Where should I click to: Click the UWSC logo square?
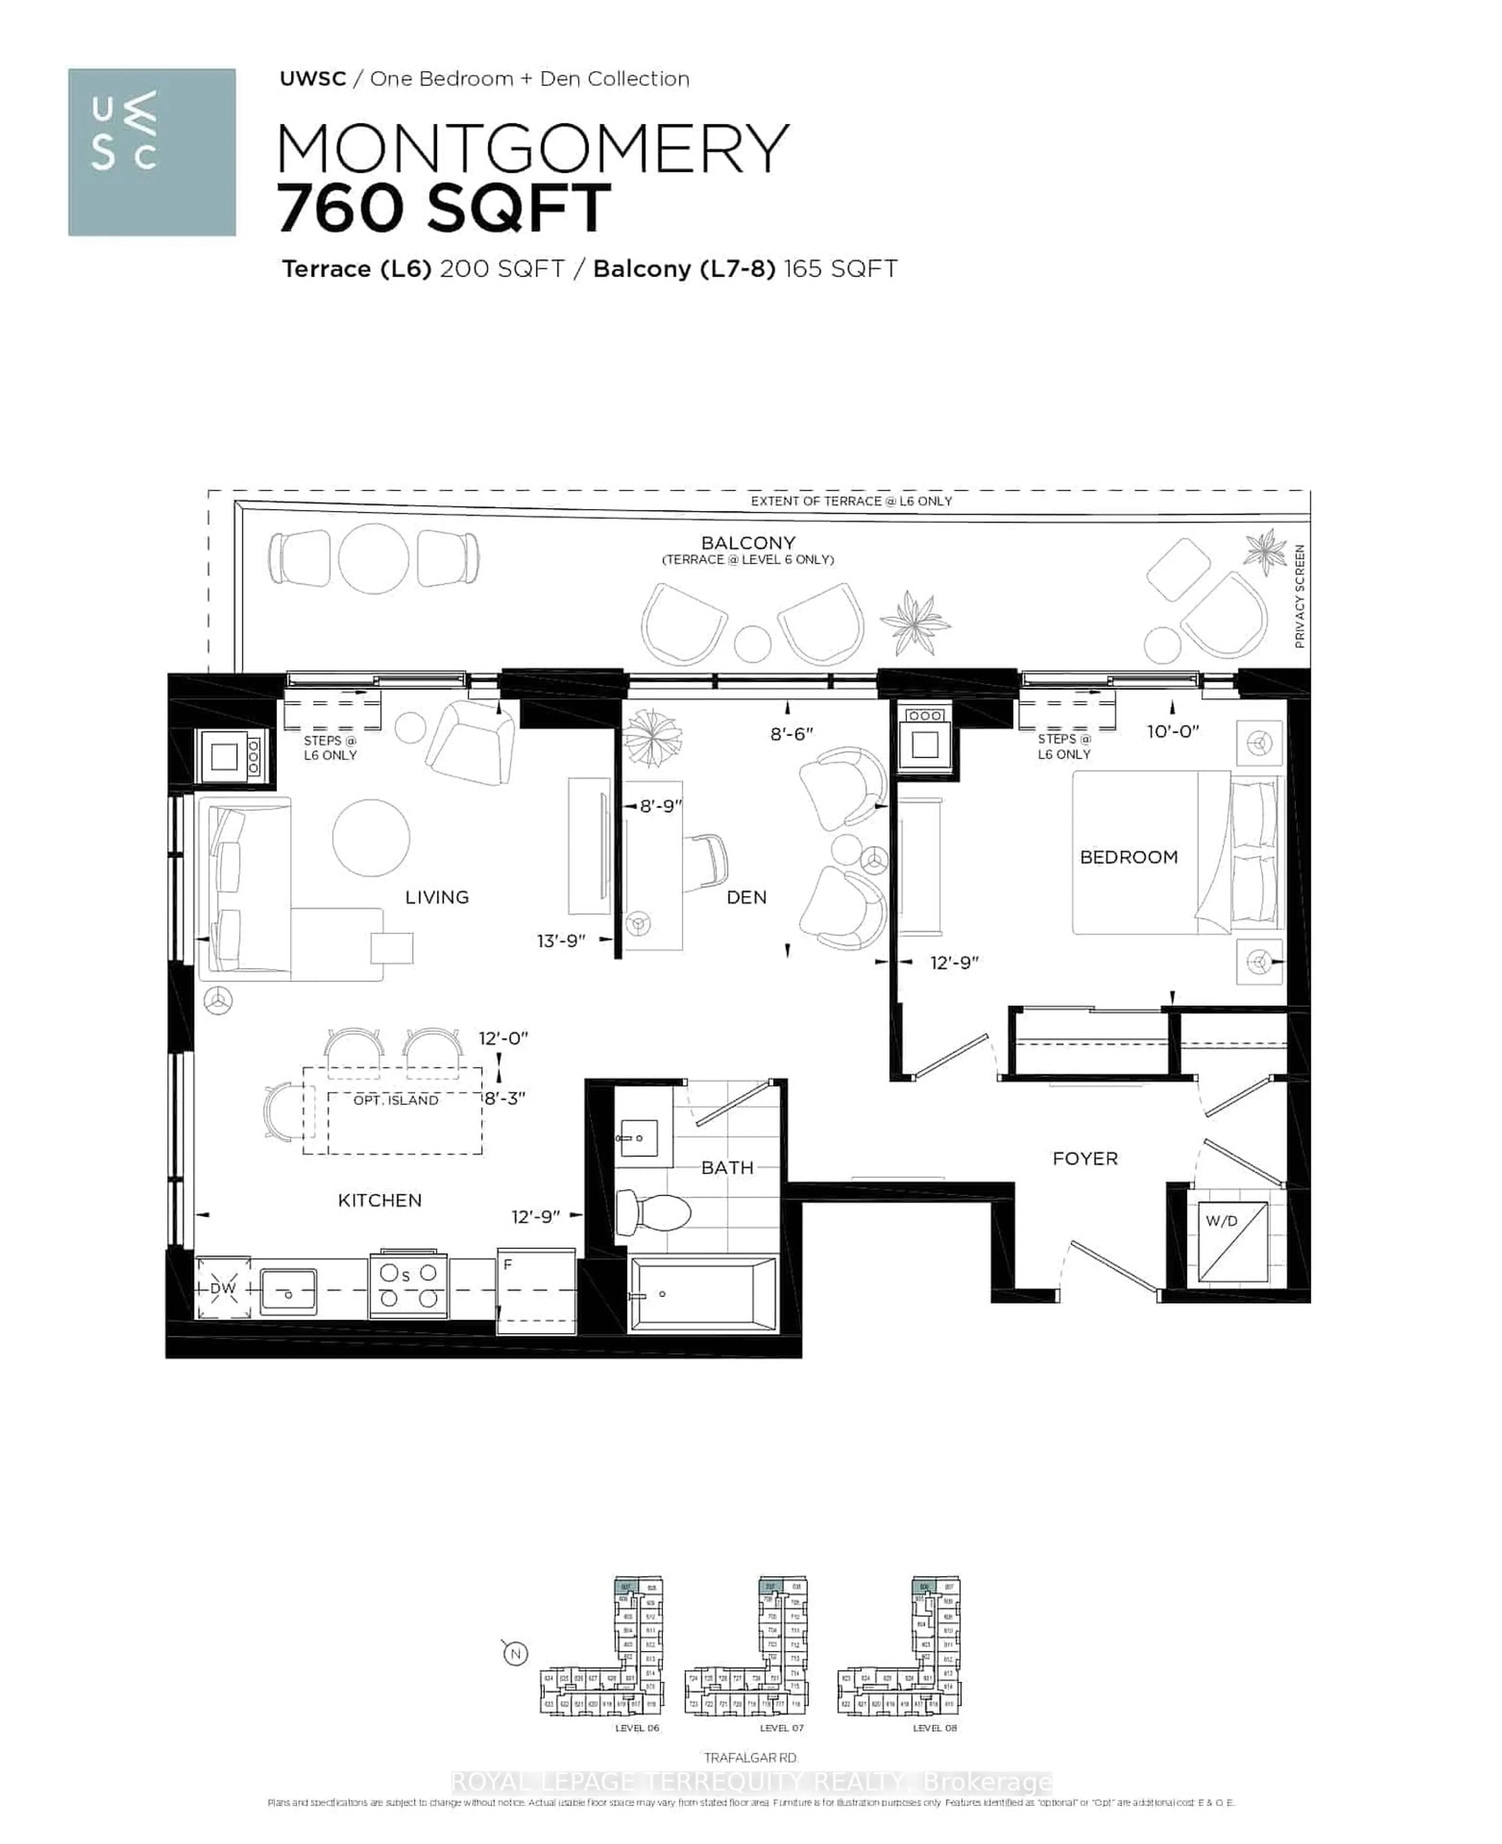click(x=151, y=152)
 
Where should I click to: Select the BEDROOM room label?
click(x=1128, y=857)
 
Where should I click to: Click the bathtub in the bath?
click(x=702, y=1294)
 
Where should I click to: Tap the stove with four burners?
click(x=408, y=1286)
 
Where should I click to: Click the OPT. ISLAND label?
click(x=395, y=1100)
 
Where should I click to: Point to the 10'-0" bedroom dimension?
click(x=1172, y=731)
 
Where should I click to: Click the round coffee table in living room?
click(x=371, y=837)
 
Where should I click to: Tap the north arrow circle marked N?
click(x=516, y=1653)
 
